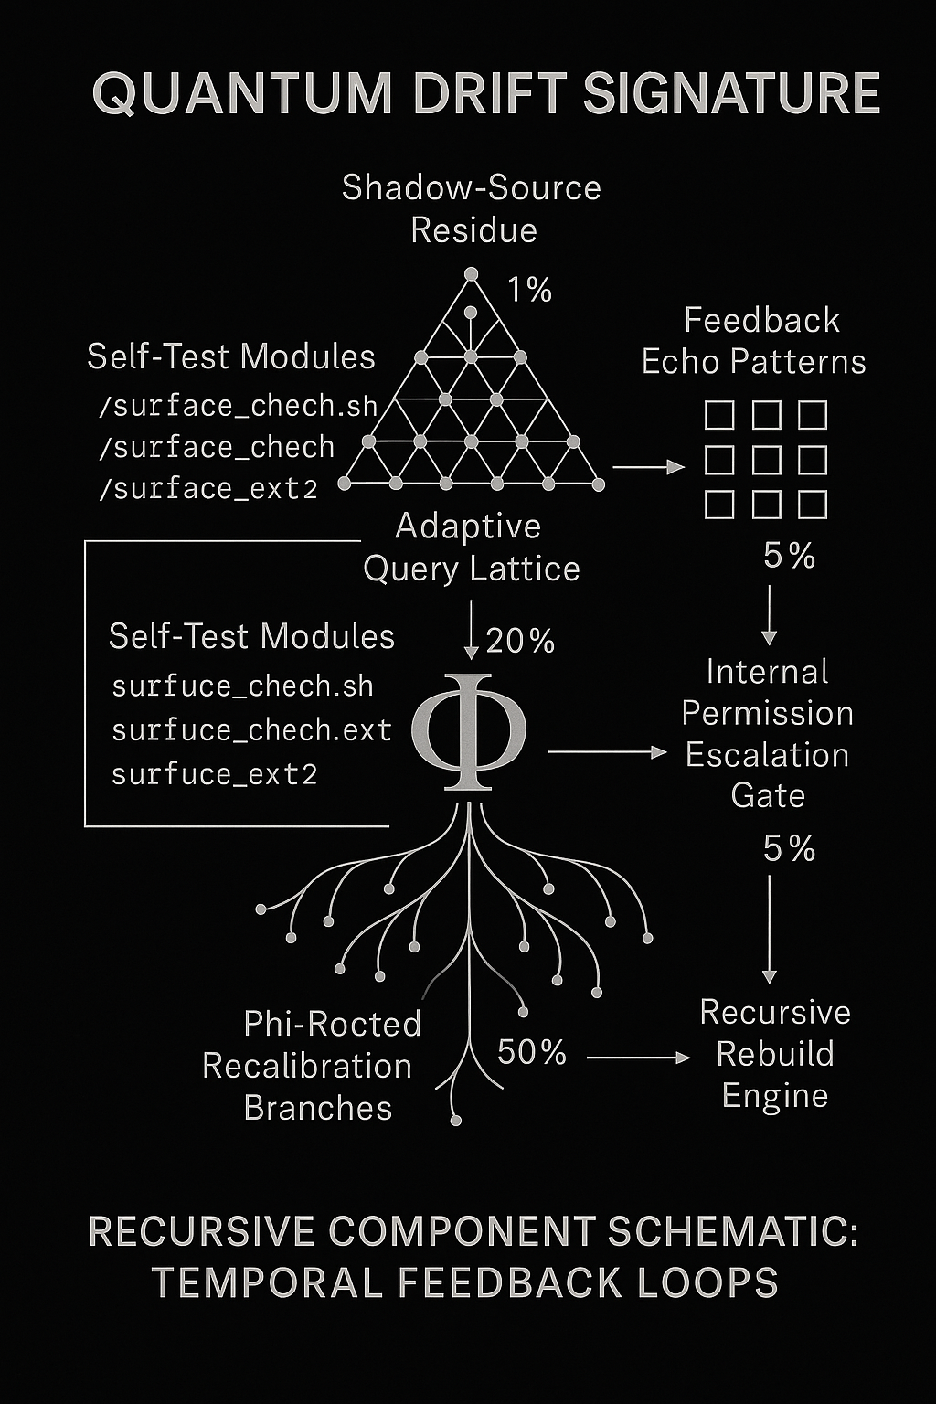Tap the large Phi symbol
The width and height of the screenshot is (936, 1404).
coord(469,731)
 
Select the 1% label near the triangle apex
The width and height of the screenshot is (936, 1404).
coord(530,290)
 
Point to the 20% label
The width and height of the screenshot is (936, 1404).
coord(520,641)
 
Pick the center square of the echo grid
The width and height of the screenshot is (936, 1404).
coord(766,460)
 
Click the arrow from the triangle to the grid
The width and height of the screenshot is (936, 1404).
coord(648,467)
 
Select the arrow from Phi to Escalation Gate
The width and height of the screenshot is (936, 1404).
coord(608,751)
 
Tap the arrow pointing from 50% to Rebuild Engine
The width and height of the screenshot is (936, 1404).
coord(639,1058)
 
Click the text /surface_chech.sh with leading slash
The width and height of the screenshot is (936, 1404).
coord(239,406)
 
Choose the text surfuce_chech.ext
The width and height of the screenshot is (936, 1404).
coord(252,730)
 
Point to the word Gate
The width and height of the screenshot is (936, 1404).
coord(768,796)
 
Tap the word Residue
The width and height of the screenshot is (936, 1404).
coord(474,230)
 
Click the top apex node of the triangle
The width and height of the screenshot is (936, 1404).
coord(471,274)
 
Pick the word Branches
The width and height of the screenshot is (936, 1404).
coord(318,1108)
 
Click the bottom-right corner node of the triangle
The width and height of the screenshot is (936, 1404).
coord(598,484)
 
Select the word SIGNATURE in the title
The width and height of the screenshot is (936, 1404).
coord(731,94)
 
